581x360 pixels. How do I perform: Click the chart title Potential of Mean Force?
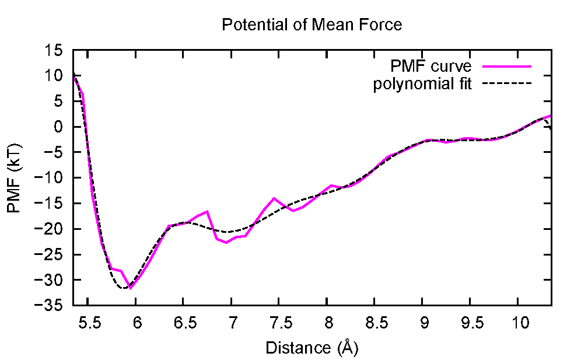[311, 25]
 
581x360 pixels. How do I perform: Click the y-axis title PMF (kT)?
[14, 178]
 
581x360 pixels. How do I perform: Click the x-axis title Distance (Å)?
[311, 348]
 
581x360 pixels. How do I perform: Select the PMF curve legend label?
[431, 65]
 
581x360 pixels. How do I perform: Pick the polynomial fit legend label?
[422, 83]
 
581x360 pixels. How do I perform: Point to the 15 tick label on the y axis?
[58, 50]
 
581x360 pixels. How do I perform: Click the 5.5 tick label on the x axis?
[87, 323]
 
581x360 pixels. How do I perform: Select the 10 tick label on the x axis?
[518, 323]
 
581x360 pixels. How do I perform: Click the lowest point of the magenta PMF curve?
[130, 288]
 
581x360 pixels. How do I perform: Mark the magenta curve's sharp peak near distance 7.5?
[274, 198]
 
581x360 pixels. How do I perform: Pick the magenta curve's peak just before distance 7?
[207, 211]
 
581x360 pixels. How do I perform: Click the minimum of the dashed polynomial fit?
[123, 288]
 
